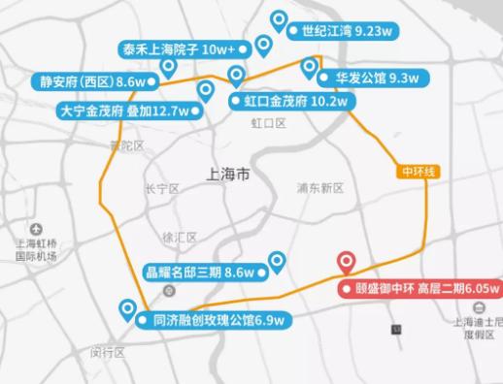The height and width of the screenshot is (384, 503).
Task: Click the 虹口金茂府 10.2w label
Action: (287, 100)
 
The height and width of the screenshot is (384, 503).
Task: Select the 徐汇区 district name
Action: (181, 237)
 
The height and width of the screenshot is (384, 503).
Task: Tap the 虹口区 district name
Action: (268, 123)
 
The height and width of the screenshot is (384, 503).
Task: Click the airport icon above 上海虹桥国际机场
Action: (36, 229)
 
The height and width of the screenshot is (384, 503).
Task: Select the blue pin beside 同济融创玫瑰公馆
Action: (127, 309)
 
